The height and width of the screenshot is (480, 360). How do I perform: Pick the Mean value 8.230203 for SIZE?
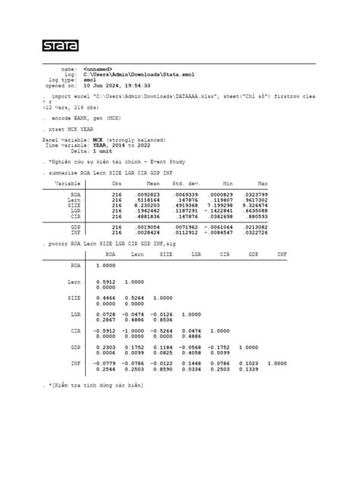[144, 204]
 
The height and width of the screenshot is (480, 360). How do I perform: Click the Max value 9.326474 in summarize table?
[253, 204]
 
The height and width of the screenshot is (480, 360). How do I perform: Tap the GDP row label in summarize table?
[76, 226]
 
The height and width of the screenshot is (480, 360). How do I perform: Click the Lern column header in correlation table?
[137, 254]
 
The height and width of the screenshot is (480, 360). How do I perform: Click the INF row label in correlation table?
[76, 363]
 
